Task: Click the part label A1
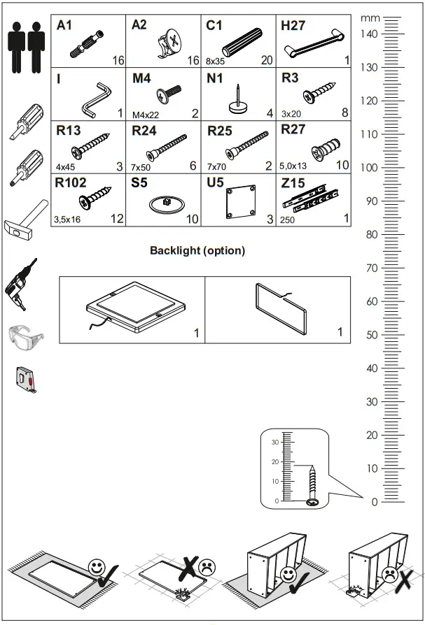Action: point(64,25)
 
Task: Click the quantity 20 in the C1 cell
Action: point(267,61)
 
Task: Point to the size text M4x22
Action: point(145,115)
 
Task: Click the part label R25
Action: point(220,130)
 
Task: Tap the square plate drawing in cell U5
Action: point(240,203)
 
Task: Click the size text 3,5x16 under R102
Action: point(68,220)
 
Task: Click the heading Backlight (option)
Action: point(197,251)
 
